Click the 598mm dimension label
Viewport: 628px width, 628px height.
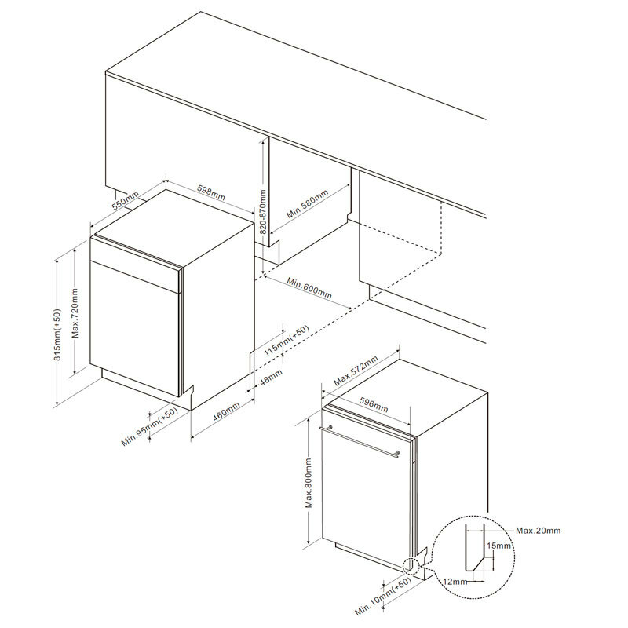(211, 192)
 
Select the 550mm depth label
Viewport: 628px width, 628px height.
(126, 200)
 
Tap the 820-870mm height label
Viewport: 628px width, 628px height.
(263, 212)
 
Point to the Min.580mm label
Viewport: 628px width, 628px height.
(307, 203)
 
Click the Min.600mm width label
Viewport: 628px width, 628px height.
(309, 287)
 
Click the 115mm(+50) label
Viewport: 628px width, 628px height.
(287, 341)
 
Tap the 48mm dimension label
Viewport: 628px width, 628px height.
(271, 378)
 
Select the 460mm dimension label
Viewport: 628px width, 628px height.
(226, 411)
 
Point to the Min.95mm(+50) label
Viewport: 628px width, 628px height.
(149, 427)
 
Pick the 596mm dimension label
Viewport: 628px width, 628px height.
(374, 404)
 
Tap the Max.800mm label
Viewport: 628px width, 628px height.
(309, 484)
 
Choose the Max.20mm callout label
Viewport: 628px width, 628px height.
(538, 531)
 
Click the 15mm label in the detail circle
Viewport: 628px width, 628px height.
(498, 546)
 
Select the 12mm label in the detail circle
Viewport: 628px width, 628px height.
(455, 582)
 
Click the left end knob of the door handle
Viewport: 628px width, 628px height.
(330, 427)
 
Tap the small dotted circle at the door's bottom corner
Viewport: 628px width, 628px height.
(410, 565)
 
